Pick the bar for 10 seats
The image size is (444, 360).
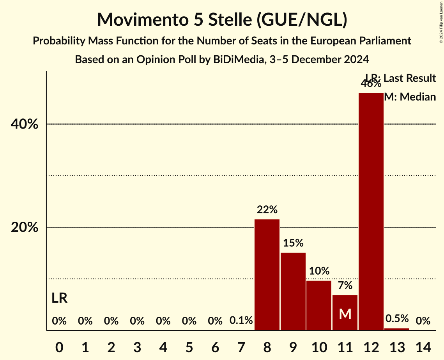click(319, 305)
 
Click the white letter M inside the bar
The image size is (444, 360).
click(345, 314)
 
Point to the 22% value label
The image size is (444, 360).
click(267, 210)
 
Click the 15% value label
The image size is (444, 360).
click(293, 243)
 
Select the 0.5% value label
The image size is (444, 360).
click(397, 319)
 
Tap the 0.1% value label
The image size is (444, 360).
click(241, 321)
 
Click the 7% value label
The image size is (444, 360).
click(345, 286)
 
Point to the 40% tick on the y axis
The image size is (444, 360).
click(24, 124)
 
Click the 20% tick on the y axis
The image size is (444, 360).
click(24, 227)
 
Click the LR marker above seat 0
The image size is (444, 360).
click(59, 298)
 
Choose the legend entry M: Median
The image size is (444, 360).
click(410, 97)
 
